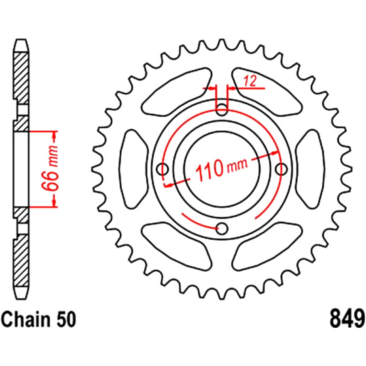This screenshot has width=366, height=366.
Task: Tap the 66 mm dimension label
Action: (x=50, y=168)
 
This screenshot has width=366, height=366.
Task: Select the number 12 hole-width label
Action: (x=250, y=81)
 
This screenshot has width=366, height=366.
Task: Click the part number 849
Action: (x=347, y=318)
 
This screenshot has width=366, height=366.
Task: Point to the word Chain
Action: (x=26, y=319)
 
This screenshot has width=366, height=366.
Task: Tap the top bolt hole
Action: (x=222, y=110)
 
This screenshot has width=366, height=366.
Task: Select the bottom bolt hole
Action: (x=222, y=229)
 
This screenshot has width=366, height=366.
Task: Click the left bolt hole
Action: (x=162, y=169)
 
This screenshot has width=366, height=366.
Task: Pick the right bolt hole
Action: (x=281, y=169)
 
